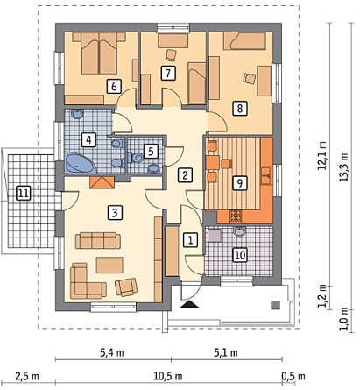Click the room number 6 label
[x=114, y=86]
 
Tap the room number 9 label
[x=240, y=183]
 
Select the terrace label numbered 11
[x=24, y=194]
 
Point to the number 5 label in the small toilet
[x=151, y=152]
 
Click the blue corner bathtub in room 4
[x=79, y=163]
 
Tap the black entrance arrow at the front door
[x=190, y=304]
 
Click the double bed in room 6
[x=99, y=53]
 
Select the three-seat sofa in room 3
[x=98, y=240]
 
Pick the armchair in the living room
[x=126, y=287]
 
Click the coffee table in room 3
[x=109, y=265]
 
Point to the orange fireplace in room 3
[x=102, y=182]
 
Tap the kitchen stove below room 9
[x=236, y=216]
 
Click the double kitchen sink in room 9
[x=266, y=175]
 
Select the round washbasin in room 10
[x=240, y=231]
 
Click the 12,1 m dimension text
[x=322, y=155]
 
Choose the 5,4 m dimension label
[x=112, y=353]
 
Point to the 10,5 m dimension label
[x=168, y=376]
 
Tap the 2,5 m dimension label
[x=27, y=376]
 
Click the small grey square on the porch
[x=276, y=305]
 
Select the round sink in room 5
[x=153, y=168]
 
